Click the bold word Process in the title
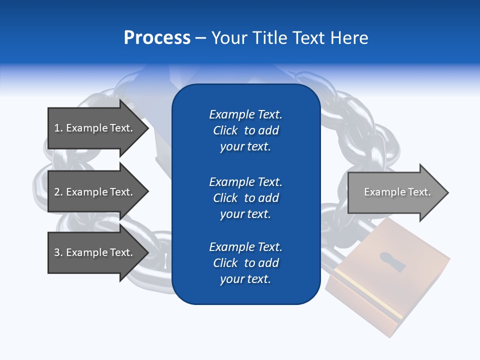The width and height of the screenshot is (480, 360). click(157, 38)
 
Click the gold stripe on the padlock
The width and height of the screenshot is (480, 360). click(367, 292)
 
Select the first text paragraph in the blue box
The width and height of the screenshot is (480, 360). click(245, 130)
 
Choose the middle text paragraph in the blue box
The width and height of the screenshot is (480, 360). click(245, 198)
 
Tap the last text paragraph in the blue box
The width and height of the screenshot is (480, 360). click(245, 263)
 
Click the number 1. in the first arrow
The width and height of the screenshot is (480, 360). click(58, 128)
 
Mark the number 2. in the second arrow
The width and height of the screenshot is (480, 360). click(58, 192)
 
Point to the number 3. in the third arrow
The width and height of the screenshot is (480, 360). click(58, 252)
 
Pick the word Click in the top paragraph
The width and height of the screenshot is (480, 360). click(225, 130)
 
